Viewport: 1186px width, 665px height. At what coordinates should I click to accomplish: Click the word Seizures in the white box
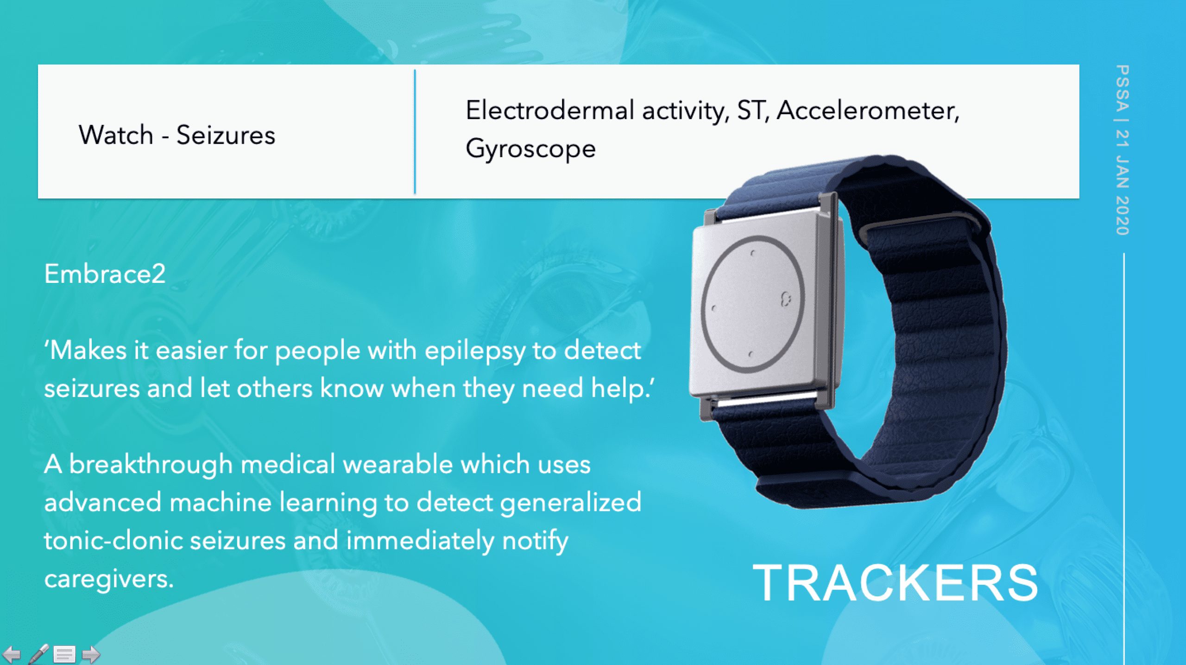226,135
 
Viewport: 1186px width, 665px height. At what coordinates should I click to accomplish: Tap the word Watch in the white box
116,135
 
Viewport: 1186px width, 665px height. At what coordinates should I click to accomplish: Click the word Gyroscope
530,149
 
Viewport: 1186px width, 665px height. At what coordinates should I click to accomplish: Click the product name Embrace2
105,274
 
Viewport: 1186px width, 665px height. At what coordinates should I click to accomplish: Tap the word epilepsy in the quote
474,351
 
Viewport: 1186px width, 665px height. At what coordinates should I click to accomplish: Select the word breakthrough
151,465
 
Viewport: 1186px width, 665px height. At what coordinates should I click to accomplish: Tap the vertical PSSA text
1122,88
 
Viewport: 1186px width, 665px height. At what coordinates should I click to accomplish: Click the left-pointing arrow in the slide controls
11,654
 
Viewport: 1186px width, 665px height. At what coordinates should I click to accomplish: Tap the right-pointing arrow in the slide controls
91,654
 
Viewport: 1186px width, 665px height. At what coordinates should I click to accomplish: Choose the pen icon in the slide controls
38,654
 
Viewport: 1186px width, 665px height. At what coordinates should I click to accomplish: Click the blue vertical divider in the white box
415,132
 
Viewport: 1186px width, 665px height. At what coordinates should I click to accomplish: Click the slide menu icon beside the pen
64,654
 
